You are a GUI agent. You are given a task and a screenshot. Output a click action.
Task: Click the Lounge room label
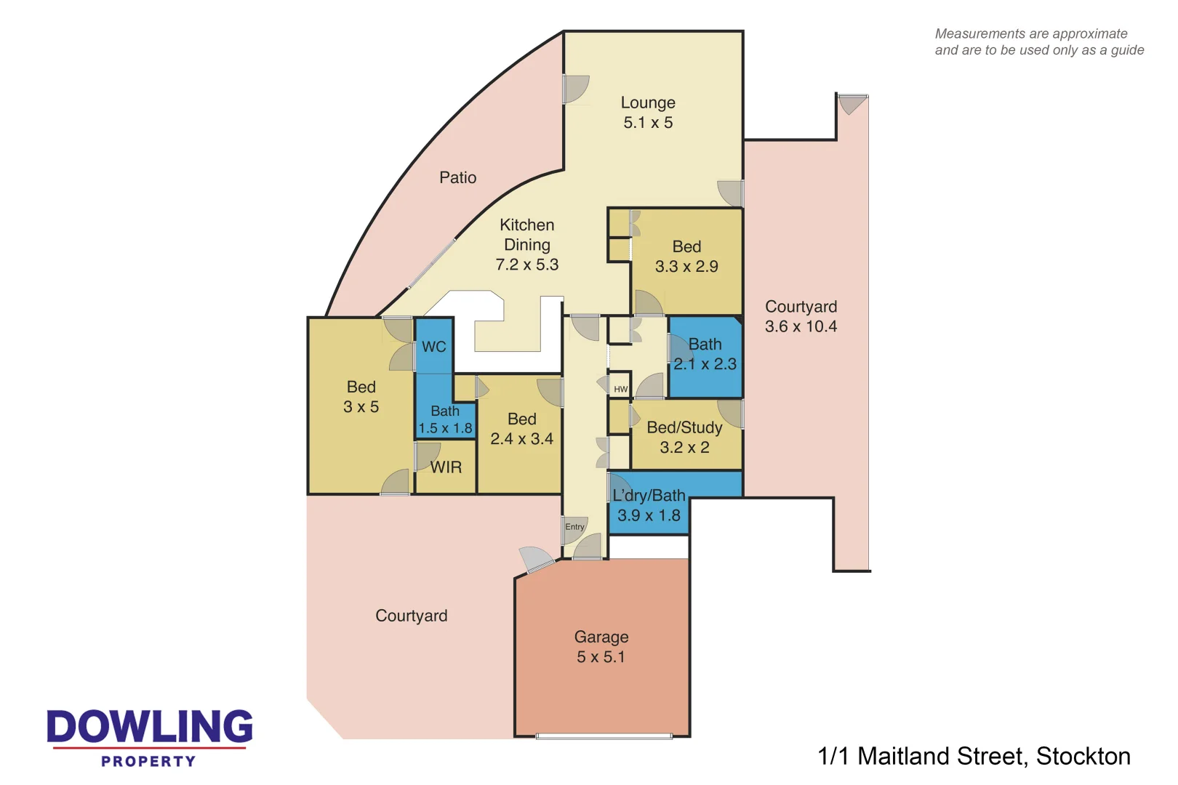pos(647,103)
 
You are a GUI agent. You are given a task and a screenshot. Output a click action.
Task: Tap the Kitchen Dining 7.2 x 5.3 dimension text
pos(527,265)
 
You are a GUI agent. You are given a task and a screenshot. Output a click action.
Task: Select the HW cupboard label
pos(620,390)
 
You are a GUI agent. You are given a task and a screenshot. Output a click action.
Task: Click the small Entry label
pos(574,527)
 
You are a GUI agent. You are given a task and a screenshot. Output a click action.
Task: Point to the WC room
pos(434,347)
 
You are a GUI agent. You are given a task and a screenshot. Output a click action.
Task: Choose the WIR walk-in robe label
pos(446,467)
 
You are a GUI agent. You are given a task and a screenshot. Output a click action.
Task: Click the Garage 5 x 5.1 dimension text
pos(601,657)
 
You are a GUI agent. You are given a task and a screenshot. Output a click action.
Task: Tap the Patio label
pos(457,177)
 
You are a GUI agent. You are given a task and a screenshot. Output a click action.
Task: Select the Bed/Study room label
pos(684,427)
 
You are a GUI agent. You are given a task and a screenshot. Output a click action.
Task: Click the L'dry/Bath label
pos(649,496)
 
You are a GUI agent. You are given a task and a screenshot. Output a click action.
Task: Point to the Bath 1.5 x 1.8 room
pos(445,420)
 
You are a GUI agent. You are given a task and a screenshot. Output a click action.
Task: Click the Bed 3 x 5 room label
pos(361,397)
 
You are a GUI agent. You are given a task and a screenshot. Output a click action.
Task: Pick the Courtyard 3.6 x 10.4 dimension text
pos(801,327)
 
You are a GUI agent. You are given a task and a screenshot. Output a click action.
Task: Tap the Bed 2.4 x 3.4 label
pos(521,429)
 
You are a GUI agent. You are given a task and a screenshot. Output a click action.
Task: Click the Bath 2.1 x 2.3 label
pos(705,354)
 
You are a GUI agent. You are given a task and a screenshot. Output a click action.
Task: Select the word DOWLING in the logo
pos(150,727)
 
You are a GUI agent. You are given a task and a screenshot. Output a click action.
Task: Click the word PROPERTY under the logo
pos(148,762)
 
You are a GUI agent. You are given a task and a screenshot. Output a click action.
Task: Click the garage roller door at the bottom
pos(604,736)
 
